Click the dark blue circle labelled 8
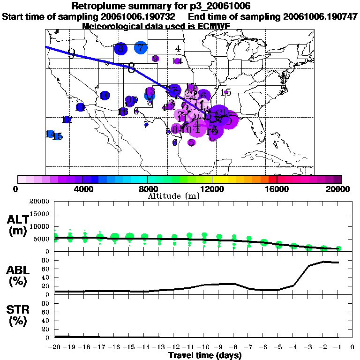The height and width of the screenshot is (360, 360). pyautogui.click(x=120, y=48)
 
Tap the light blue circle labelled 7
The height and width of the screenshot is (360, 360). pyautogui.click(x=141, y=47)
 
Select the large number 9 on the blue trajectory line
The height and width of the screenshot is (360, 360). pyautogui.click(x=71, y=53)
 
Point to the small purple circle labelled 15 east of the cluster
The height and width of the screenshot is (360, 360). pyautogui.click(x=226, y=92)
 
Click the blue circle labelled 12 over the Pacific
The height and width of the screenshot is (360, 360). pyautogui.click(x=67, y=120)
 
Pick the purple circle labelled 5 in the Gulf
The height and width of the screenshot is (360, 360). pyautogui.click(x=191, y=142)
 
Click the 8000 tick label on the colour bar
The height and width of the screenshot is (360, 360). pyautogui.click(x=147, y=189)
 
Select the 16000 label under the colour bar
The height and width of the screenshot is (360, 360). pyautogui.click(x=277, y=189)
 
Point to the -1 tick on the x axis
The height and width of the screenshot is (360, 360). pyautogui.click(x=337, y=347)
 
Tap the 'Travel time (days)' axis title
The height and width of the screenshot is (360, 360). pyautogui.click(x=205, y=355)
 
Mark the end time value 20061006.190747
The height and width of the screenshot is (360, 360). pyautogui.click(x=321, y=16)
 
